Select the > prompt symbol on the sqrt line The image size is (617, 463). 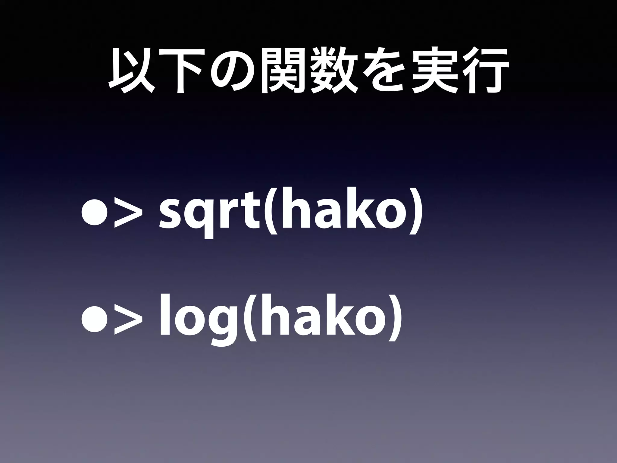(127, 215)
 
